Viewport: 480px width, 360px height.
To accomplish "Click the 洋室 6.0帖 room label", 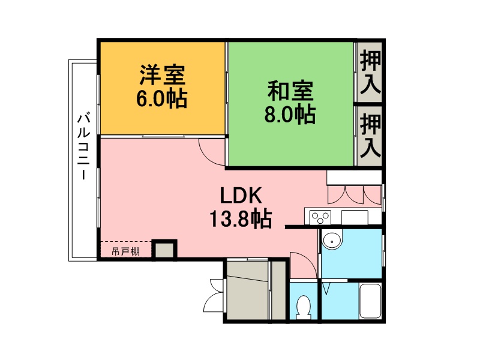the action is click(x=161, y=86).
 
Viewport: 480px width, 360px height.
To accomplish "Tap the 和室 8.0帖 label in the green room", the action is click(x=290, y=102).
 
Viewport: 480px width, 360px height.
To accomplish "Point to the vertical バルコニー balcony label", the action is click(x=83, y=146).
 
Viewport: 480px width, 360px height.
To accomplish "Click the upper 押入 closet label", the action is click(x=370, y=72).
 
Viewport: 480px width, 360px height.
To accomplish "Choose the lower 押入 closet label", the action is click(x=370, y=136).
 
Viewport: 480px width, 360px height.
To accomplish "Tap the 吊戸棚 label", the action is click(x=125, y=251).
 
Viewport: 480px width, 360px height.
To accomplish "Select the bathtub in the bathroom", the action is click(x=370, y=301).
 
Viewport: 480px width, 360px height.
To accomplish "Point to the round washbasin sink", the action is click(x=332, y=241).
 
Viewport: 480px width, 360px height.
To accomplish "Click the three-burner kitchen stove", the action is click(x=320, y=217).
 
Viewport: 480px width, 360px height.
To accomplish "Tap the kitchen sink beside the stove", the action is click(x=355, y=217).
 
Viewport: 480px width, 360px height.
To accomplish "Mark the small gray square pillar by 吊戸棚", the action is click(x=164, y=250).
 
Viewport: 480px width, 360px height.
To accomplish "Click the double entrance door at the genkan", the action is click(x=215, y=295).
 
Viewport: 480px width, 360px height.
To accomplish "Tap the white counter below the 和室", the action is click(x=354, y=178).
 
